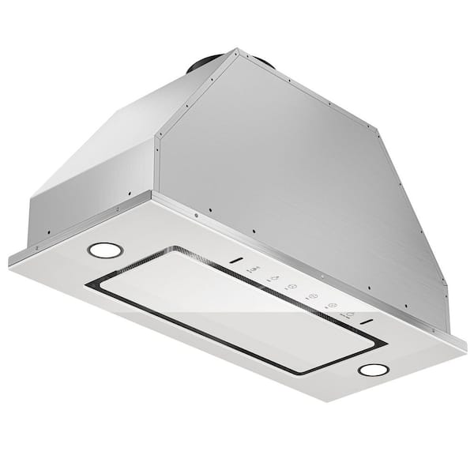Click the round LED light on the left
point(105,250)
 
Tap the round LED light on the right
point(373,370)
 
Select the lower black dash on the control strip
point(365,322)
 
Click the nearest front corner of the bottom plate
point(348,401)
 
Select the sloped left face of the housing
point(118,134)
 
